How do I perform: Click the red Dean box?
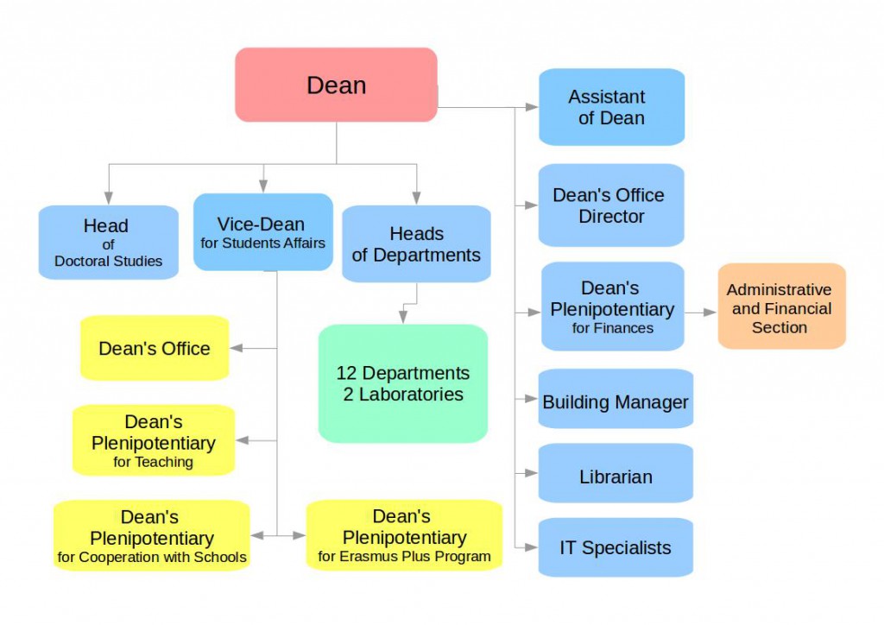point(336,85)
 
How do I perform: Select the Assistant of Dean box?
point(611,107)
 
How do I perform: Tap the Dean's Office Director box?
point(611,205)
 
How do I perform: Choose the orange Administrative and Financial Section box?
point(781,306)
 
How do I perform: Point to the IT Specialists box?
point(616,547)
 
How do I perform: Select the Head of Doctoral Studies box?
point(108,242)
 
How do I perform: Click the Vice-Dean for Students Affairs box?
point(262,231)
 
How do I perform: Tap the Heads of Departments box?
point(416,244)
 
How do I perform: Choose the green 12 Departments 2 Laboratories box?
point(402,384)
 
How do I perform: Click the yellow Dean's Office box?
point(155,348)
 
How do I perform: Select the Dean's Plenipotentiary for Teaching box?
point(154,440)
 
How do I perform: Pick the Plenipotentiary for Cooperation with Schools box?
point(152,536)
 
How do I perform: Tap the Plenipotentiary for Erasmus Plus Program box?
point(404,535)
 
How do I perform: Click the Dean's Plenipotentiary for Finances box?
point(613,306)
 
